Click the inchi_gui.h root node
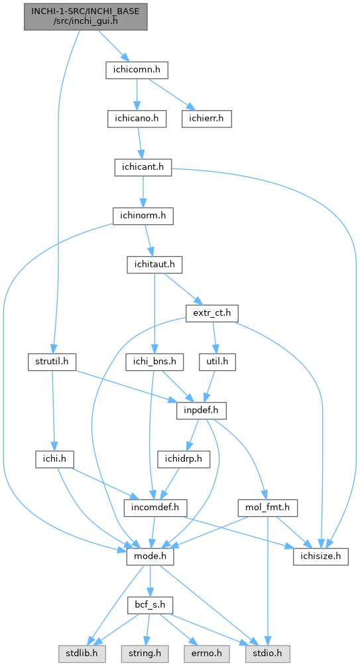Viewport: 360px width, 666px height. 86,17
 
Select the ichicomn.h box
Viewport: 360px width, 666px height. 137,70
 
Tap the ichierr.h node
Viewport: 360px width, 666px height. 207,119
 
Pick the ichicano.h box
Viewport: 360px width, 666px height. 137,119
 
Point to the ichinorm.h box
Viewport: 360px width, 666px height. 143,217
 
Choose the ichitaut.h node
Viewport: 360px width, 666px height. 154,265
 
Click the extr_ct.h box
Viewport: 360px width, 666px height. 212,314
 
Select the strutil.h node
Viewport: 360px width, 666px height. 52,362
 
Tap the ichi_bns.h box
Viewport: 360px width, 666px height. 154,362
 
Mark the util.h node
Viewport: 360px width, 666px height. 217,362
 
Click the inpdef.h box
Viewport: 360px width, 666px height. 202,411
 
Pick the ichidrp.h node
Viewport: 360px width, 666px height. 184,460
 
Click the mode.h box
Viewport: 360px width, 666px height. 150,557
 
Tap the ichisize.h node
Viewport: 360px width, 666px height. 320,557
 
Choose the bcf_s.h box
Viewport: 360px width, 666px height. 150,605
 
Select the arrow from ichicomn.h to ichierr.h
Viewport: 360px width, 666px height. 168,94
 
